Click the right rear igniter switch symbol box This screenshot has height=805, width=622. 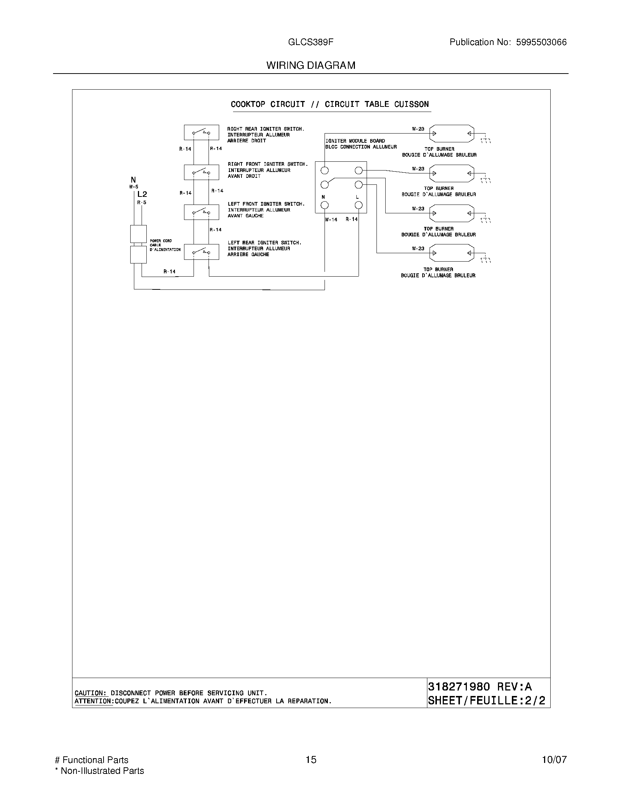click(201, 132)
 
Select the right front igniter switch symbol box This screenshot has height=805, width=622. click(201, 172)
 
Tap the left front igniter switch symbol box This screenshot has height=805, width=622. click(201, 212)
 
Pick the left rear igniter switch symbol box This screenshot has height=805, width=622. click(201, 252)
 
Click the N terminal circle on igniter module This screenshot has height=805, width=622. click(325, 205)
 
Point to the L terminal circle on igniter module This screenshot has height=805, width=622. click(359, 205)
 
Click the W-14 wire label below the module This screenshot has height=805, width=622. click(331, 220)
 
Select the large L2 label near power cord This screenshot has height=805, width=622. click(142, 194)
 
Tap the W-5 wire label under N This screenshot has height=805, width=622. click(134, 187)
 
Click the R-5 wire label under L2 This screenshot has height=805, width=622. click(142, 202)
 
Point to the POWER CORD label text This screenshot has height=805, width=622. click(161, 241)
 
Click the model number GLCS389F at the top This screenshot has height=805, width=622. click(311, 42)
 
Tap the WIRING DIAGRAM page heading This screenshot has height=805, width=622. click(311, 65)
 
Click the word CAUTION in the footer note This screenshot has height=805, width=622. click(90, 693)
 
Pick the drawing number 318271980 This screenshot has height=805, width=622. click(459, 687)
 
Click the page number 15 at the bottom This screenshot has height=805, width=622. click(311, 760)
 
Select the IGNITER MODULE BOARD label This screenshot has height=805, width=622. click(355, 141)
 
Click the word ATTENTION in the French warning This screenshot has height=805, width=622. click(94, 701)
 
